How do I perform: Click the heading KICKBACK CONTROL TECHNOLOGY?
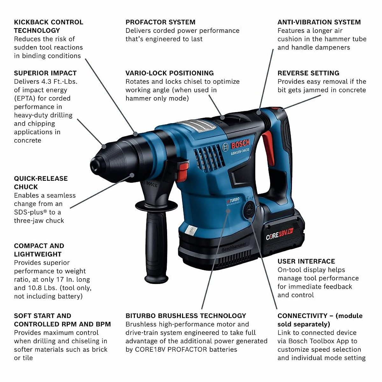pos(48,26)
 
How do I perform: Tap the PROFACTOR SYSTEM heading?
pos(160,22)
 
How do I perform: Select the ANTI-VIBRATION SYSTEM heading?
pos(319,22)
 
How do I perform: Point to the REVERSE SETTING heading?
pos(308,73)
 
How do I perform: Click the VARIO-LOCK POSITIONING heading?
pos(169,73)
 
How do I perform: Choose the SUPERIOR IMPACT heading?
pos(45,73)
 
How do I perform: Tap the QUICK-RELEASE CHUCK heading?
pos(41,183)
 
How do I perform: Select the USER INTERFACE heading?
pos(306,261)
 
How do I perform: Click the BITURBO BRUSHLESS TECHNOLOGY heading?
pos(186,316)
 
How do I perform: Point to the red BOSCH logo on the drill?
pos(240,144)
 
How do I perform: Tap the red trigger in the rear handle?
pos(268,147)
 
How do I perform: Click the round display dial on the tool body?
pos(249,210)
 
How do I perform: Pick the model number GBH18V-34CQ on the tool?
pos(240,152)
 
